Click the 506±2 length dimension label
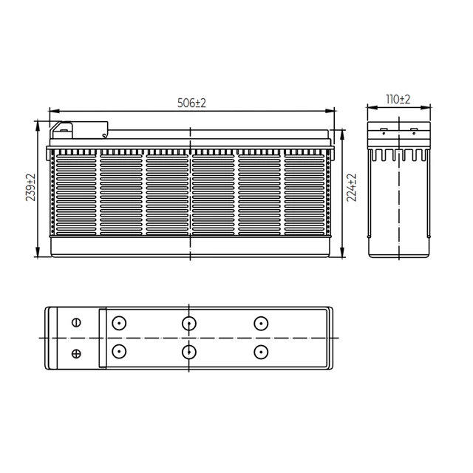tap(191, 103)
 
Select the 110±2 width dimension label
tap(398, 99)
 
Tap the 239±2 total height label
tap(30, 187)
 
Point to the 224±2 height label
tap(352, 187)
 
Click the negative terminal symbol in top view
tap(76, 322)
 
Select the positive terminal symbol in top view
tap(76, 353)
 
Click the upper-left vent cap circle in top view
tap(119, 323)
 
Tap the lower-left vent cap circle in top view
tap(119, 352)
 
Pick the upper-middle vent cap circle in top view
tap(189, 324)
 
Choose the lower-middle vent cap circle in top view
tap(189, 352)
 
